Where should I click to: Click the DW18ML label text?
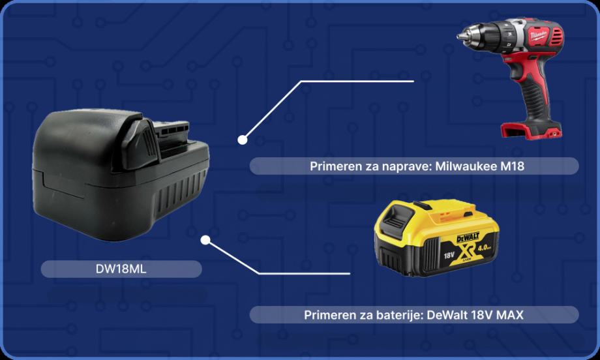coord(121,269)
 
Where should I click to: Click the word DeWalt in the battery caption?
coord(447,315)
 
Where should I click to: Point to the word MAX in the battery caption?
coord(510,315)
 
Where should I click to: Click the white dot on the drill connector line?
coord(242,140)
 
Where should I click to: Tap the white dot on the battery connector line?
coord(205,240)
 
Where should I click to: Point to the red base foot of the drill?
coord(531,130)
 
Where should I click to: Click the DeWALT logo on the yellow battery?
coord(468,237)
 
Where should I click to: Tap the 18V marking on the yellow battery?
coord(449,254)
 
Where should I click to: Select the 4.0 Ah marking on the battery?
coord(485,248)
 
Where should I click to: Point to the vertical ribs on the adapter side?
coord(180,195)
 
